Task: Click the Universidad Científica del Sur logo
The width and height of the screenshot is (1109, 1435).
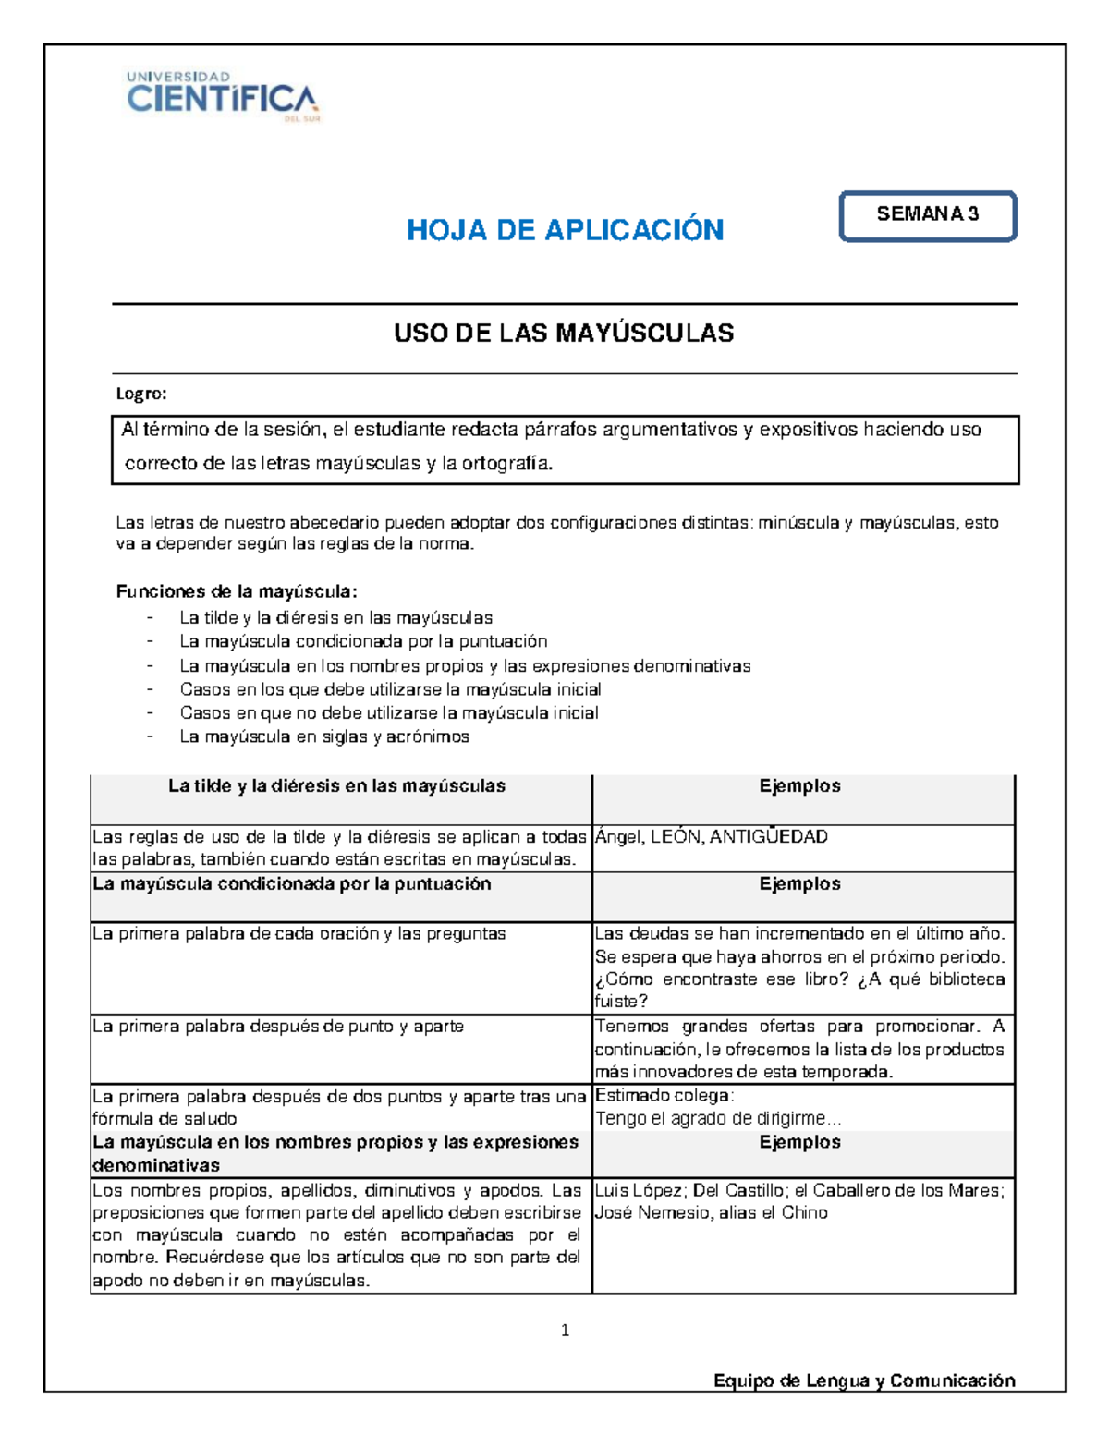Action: click(x=222, y=96)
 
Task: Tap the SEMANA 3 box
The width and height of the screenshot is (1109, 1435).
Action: click(x=927, y=215)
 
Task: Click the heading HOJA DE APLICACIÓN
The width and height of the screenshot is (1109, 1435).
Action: click(x=565, y=230)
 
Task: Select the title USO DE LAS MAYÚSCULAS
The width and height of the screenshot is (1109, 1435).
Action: click(x=564, y=334)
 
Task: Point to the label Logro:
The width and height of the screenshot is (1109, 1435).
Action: click(x=141, y=395)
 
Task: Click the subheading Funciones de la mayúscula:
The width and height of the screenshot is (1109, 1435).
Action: click(x=237, y=591)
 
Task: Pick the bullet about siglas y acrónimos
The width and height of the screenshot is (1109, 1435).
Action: click(x=324, y=737)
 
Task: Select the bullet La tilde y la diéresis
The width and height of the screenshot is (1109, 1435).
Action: click(x=335, y=618)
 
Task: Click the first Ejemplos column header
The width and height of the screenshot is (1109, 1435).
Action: click(x=799, y=786)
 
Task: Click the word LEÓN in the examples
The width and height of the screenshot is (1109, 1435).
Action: click(x=676, y=837)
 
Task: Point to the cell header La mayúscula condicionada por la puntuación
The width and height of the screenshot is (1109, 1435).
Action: click(x=292, y=884)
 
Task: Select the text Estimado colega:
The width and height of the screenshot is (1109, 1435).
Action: click(x=664, y=1096)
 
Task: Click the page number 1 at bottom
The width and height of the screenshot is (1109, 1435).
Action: click(x=565, y=1331)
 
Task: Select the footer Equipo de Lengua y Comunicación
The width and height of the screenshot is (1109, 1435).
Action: click(x=864, y=1380)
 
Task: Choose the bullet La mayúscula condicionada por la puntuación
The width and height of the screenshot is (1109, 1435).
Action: click(x=363, y=642)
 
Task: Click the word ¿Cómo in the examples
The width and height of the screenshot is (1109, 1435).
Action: click(x=624, y=979)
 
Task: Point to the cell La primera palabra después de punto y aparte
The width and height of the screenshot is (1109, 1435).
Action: click(x=278, y=1027)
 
